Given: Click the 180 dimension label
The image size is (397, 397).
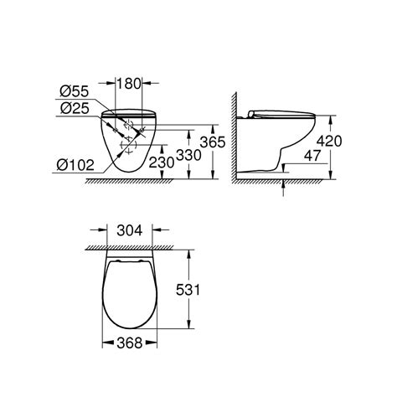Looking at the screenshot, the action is click(128, 84).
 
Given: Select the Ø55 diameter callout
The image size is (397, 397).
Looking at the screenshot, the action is click(75, 91).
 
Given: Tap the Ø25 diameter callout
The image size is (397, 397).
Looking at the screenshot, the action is click(75, 108).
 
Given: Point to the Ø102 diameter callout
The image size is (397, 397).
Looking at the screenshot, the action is click(75, 165).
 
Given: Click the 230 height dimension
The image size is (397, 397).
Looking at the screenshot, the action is click(162, 162).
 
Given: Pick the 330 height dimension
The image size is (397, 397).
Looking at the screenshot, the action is click(189, 155).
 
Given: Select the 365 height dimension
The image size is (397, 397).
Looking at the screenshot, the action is click(213, 142).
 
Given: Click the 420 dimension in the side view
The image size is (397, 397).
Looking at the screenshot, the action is click(329, 141).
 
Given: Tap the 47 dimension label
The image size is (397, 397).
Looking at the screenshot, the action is click(312, 156).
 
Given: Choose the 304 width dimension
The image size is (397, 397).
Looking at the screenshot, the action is click(130, 230).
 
